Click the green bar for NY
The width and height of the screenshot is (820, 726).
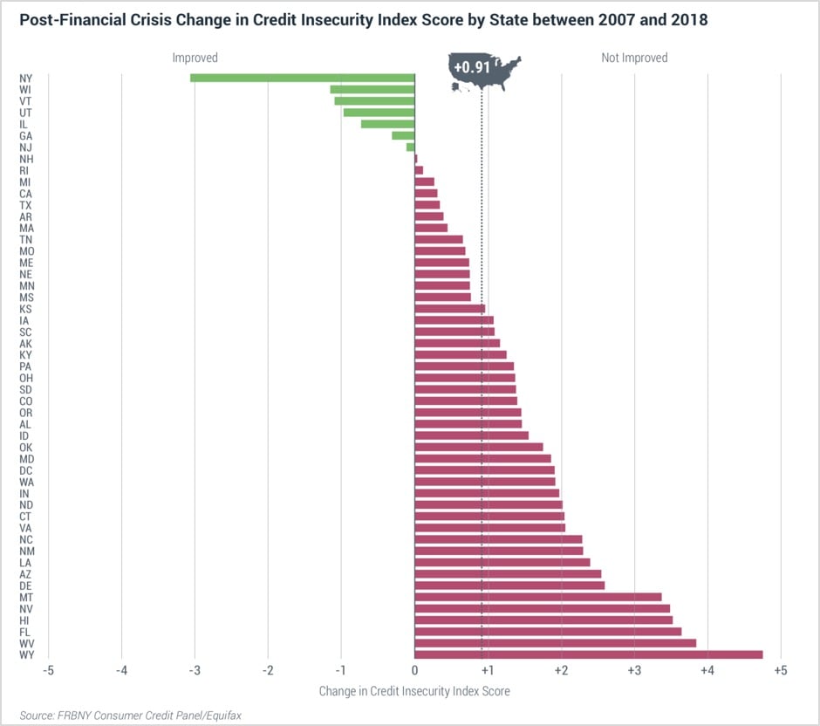click(303, 78)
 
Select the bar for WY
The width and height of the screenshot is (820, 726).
click(589, 654)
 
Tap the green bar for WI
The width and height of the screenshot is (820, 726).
click(372, 90)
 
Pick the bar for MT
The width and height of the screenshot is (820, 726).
click(538, 597)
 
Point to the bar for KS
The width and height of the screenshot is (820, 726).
click(450, 308)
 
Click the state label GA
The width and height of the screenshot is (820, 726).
click(26, 136)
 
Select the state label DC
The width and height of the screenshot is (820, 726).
click(26, 470)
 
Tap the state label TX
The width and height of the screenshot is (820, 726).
click(26, 205)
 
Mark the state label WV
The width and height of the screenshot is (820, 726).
click(26, 643)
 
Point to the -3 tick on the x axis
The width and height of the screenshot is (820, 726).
click(195, 670)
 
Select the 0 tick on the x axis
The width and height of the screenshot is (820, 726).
click(414, 670)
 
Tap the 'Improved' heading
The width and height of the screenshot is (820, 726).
click(195, 58)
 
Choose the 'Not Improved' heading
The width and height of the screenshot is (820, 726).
click(634, 58)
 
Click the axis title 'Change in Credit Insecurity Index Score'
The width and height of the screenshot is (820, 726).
click(414, 690)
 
